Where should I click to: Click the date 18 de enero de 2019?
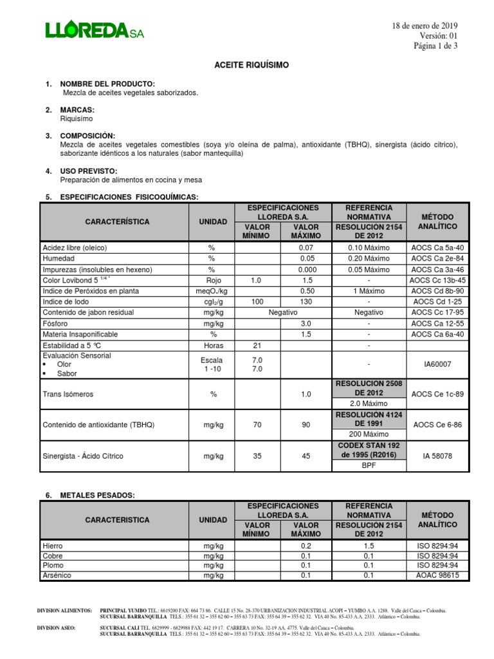425,25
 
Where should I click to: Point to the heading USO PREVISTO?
89,171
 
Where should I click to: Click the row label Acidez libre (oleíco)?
75,247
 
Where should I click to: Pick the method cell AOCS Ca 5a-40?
437,247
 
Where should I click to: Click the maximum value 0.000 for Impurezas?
306,269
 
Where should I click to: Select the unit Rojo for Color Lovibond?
214,280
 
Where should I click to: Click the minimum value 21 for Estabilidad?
257,346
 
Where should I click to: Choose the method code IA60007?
437,364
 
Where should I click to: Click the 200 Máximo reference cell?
365,435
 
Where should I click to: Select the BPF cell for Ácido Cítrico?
365,466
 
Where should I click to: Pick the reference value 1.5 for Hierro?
365,546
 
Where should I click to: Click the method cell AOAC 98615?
437,575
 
